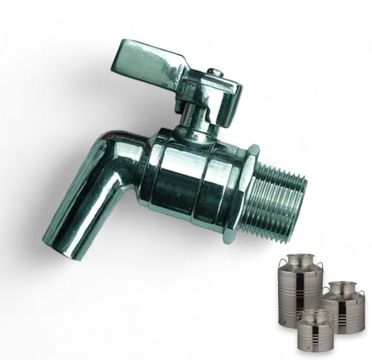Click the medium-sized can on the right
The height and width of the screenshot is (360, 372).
[344, 305]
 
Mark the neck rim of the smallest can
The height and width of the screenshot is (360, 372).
[313, 313]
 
